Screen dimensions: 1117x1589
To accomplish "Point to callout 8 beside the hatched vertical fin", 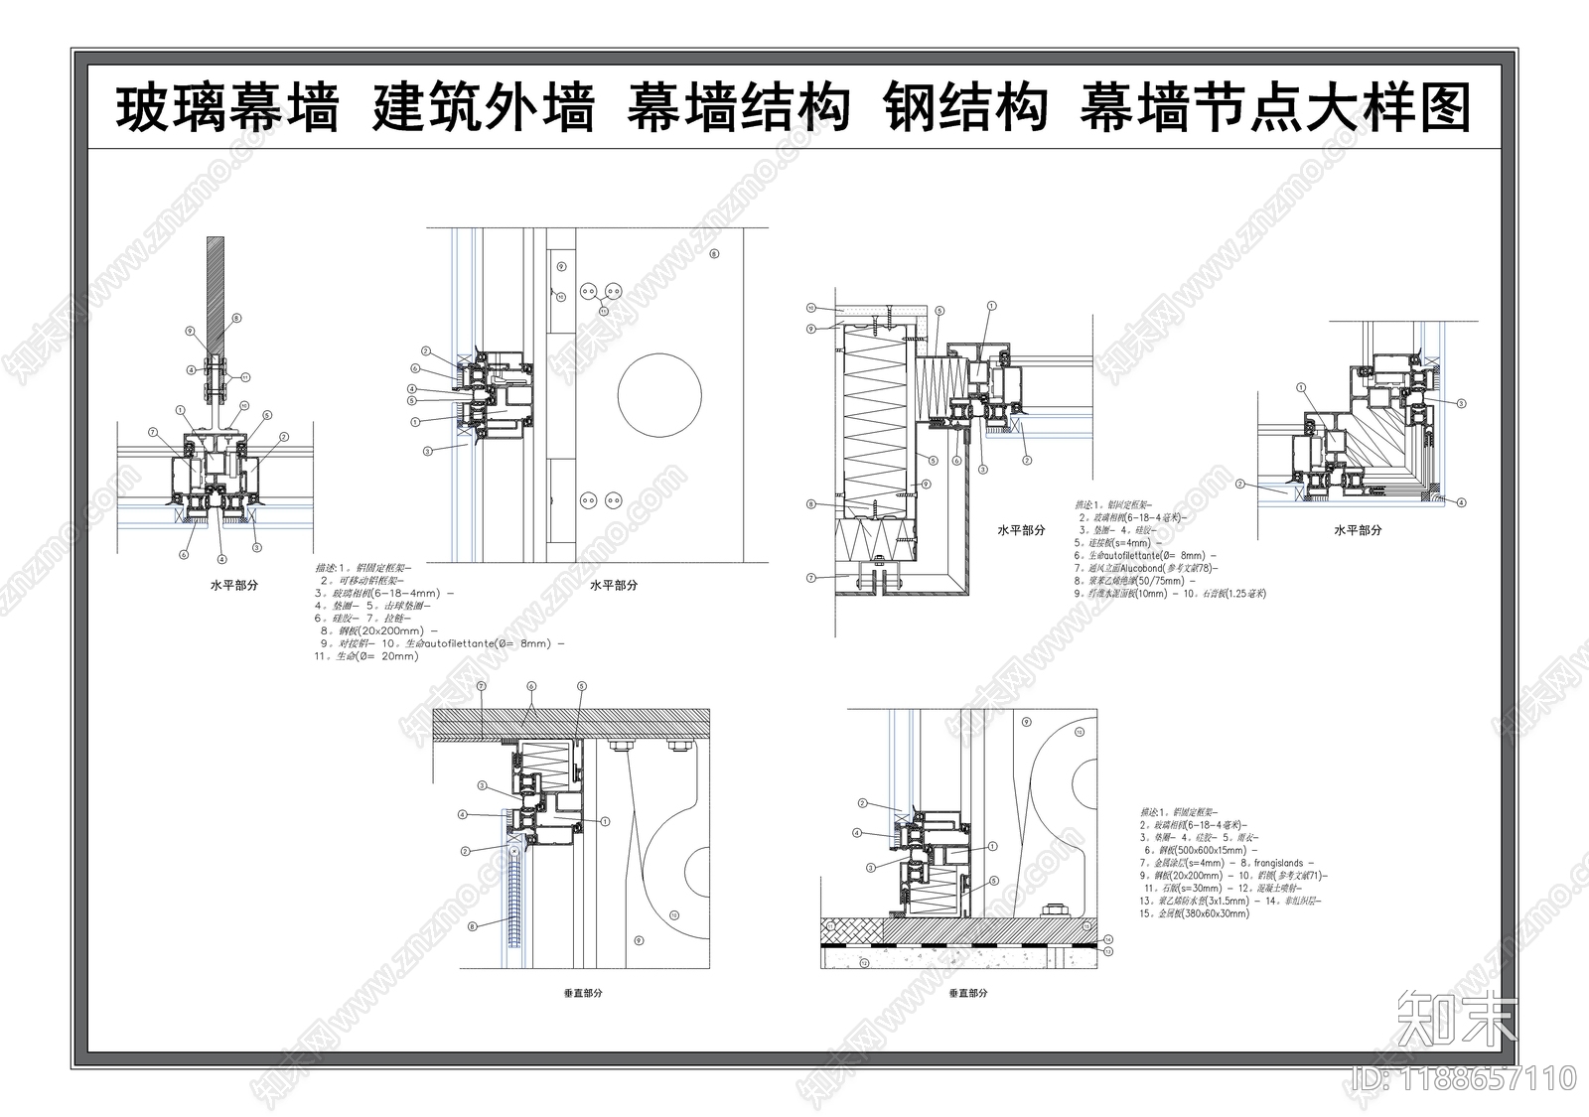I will point(237,319).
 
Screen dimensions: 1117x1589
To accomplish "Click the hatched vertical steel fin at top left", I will point(214,288).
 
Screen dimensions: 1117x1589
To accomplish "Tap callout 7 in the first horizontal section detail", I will point(153,432).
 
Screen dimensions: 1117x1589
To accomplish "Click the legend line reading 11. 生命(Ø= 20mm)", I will point(366,656).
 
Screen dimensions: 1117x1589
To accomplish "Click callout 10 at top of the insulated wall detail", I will point(810,309).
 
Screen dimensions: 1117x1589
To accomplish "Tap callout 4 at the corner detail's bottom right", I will point(1461,503).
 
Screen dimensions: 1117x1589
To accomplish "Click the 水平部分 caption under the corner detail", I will point(1358,530).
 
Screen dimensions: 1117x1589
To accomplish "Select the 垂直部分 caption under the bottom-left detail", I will point(582,993).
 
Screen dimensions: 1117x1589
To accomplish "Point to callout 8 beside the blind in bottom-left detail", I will point(472,925).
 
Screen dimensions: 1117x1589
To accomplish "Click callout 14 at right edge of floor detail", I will point(1108,938).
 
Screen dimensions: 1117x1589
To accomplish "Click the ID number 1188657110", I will point(1464,1077).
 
